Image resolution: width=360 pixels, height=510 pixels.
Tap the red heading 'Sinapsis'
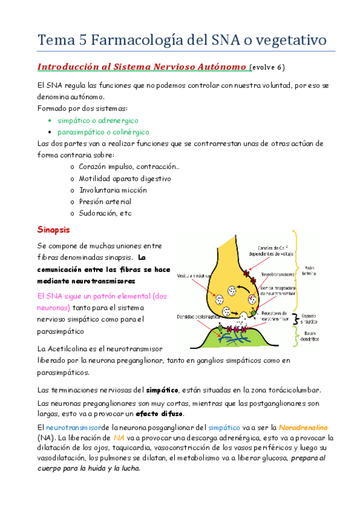(x=53, y=230)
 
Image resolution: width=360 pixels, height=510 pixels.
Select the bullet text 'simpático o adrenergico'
(x=98, y=120)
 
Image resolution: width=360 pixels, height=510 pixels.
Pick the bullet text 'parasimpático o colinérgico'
(x=103, y=132)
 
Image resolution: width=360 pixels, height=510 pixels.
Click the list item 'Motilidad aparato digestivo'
(x=125, y=179)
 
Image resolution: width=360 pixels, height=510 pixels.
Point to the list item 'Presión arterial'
(x=105, y=201)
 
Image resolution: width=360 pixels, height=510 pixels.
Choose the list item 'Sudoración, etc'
(x=105, y=213)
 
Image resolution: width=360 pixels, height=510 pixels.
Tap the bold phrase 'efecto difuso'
(x=160, y=414)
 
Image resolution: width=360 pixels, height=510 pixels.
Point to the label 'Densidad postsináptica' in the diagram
(x=197, y=316)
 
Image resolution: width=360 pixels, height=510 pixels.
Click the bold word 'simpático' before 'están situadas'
(x=162, y=390)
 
